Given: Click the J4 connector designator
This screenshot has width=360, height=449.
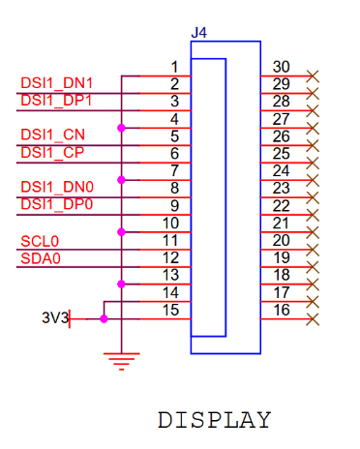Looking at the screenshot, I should tap(199, 33).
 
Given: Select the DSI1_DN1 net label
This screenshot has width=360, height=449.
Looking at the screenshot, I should tap(56, 83).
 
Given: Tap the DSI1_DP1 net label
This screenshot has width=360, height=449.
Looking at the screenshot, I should tap(56, 100).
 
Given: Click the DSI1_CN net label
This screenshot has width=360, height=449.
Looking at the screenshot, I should tap(52, 135).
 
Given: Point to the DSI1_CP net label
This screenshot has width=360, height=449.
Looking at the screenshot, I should tap(52, 152).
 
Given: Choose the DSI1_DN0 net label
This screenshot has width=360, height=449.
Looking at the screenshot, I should tap(56, 187).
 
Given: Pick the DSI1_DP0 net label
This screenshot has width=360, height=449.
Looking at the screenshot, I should tap(56, 204).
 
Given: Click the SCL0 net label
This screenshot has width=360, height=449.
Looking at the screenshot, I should tap(40, 240).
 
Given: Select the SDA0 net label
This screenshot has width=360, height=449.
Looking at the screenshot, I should tap(41, 257).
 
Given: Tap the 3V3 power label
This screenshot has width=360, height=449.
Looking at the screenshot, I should tap(54, 317).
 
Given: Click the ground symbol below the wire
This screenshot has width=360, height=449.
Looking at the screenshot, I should tap(121, 362).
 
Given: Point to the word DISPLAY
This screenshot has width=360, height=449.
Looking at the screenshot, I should tap(214, 421).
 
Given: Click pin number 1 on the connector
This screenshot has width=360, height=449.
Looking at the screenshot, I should tap(174, 67).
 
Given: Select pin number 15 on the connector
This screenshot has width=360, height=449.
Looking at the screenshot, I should tap(170, 310).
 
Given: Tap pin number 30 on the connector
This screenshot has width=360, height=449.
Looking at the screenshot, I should tap(282, 67).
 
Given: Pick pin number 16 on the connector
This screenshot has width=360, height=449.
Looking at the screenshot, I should tap(282, 310).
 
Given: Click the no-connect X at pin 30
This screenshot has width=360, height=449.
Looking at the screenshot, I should tap(312, 75).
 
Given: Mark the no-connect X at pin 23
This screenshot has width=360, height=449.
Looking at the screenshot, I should tap(312, 197).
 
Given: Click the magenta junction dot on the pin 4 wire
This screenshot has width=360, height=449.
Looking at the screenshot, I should tap(121, 127).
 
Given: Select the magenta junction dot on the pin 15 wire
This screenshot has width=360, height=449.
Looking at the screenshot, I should tap(104, 318).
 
